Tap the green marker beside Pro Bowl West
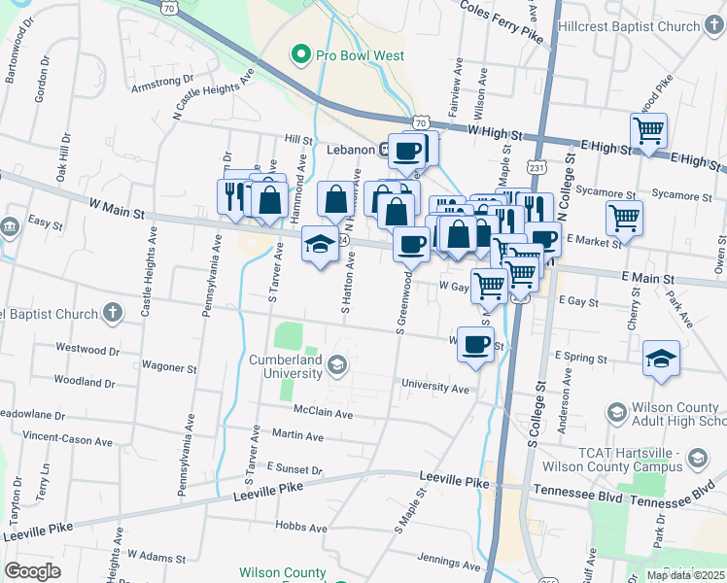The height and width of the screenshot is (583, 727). [300, 55]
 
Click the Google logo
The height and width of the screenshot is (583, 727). [32, 571]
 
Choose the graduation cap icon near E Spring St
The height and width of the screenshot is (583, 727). [661, 359]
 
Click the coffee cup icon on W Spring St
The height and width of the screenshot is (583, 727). [475, 344]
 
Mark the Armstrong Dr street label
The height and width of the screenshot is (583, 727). [162, 84]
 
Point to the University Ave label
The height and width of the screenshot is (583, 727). [435, 385]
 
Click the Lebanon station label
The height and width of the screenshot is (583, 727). [350, 150]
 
